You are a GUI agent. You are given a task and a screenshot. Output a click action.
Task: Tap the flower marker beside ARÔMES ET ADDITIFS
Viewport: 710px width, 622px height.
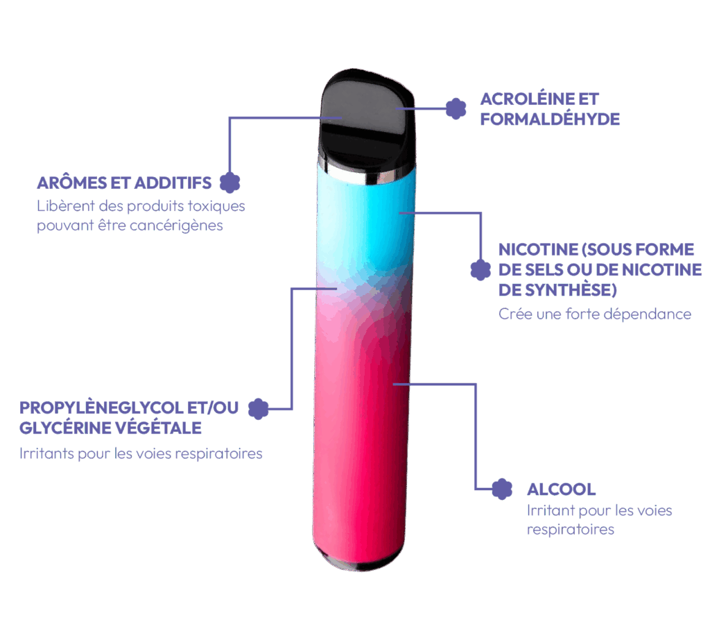tap(230, 183)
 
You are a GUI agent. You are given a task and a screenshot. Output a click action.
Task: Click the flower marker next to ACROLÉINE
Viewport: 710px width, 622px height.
tap(456, 109)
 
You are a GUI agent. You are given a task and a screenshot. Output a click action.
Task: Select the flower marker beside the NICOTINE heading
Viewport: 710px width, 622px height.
tap(480, 270)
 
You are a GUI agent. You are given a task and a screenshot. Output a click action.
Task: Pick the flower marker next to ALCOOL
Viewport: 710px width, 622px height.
tap(502, 489)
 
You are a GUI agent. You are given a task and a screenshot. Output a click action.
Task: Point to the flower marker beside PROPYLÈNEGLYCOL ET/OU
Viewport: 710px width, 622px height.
tap(259, 409)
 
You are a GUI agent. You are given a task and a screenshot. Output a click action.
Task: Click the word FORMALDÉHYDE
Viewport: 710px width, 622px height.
tap(550, 119)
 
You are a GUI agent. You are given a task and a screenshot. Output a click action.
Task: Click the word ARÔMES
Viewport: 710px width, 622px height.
tap(72, 183)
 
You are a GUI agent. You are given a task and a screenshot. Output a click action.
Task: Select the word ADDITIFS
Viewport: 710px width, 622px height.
tap(173, 183)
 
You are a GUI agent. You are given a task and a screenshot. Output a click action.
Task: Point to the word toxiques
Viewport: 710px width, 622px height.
tap(216, 206)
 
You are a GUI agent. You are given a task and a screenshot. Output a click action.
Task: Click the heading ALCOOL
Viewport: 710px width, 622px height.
tap(562, 489)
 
